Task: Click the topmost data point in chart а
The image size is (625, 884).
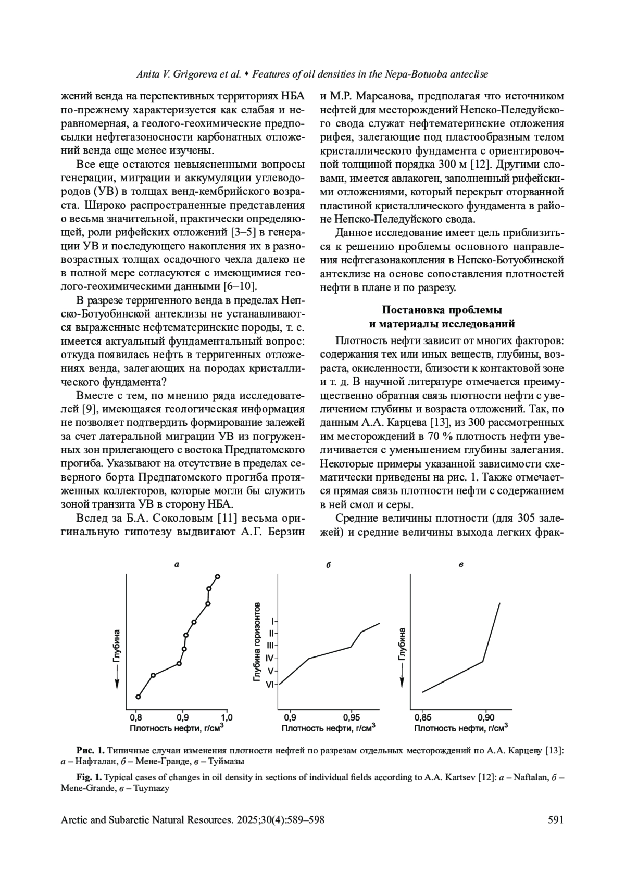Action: click(x=217, y=576)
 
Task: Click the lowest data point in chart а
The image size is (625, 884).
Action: click(x=138, y=697)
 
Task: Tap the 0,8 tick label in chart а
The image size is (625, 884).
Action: click(x=135, y=717)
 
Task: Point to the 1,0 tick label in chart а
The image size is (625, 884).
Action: click(x=227, y=717)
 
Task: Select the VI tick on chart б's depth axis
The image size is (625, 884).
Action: click(x=270, y=685)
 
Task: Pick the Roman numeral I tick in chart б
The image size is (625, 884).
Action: click(x=272, y=621)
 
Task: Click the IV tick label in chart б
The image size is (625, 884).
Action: click(x=270, y=658)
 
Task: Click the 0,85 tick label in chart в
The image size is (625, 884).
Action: click(x=423, y=717)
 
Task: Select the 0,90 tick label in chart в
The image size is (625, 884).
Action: click(x=486, y=717)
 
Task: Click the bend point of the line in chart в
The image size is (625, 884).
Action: click(x=483, y=662)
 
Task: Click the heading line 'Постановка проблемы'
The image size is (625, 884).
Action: click(x=442, y=310)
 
